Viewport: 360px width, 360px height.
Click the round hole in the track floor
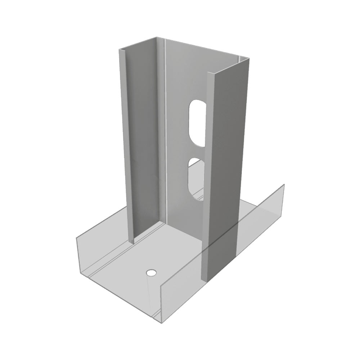pyautogui.click(x=151, y=272)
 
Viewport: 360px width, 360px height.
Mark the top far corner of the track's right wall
pyautogui.click(x=284, y=185)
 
